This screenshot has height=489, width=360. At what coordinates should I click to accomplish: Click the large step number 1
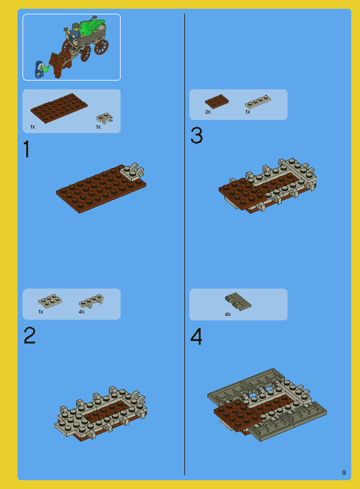(26, 150)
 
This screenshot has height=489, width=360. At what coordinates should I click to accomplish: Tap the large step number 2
(29, 336)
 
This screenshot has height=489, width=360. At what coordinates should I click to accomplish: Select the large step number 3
(196, 136)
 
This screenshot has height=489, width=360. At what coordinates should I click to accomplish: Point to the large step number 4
(196, 337)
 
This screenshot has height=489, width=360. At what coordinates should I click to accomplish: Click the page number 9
(344, 472)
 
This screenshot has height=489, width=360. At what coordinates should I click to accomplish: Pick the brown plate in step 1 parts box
(59, 108)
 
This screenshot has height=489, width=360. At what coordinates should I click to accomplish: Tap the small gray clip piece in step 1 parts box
(104, 117)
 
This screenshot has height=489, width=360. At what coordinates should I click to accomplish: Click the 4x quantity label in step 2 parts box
(81, 312)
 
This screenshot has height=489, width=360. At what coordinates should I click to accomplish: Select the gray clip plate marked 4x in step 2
(91, 302)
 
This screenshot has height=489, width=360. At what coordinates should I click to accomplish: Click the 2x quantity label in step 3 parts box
(208, 112)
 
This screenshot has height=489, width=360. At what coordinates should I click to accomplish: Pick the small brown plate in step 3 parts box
(216, 101)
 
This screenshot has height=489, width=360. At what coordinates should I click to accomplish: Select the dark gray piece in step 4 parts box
(237, 301)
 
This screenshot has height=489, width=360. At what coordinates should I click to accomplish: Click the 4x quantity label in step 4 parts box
(227, 314)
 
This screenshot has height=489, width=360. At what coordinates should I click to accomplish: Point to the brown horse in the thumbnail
(57, 63)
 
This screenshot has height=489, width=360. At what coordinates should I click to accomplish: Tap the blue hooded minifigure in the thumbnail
(39, 69)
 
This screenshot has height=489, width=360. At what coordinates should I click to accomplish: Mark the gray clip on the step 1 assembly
(133, 170)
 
